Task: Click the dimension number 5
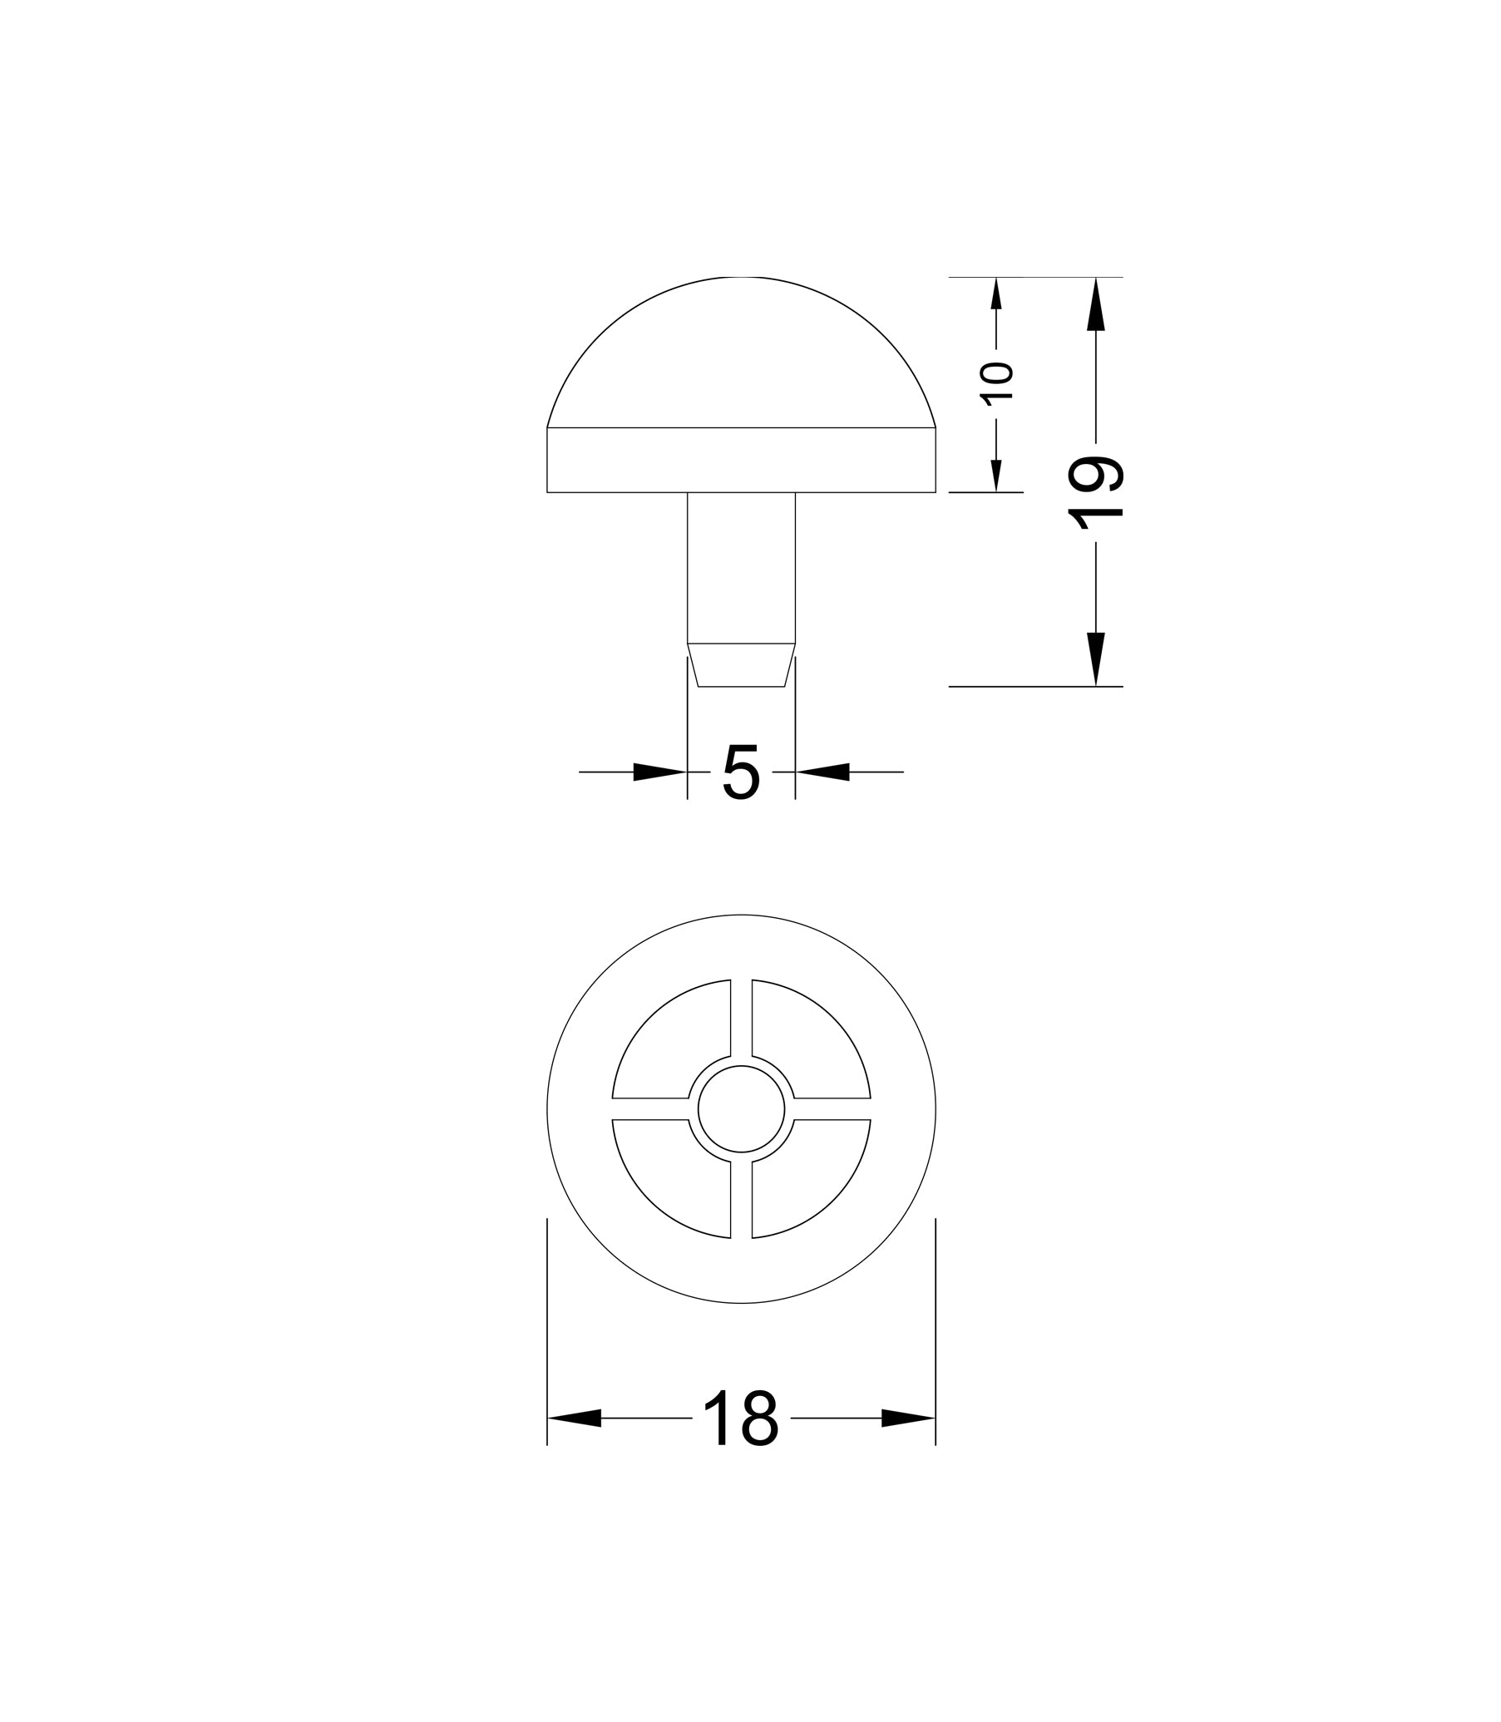pyautogui.click(x=740, y=772)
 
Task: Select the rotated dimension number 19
pyautogui.click(x=1094, y=492)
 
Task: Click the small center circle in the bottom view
pyautogui.click(x=741, y=1109)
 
